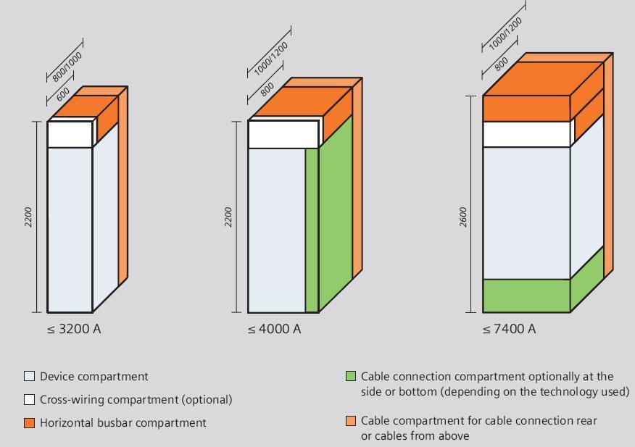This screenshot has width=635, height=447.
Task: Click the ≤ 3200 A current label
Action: pos(74,329)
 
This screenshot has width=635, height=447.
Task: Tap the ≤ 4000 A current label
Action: pos(275,329)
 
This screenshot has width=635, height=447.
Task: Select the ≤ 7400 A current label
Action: pos(509,329)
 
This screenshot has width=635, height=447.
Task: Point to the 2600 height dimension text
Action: pos(463,217)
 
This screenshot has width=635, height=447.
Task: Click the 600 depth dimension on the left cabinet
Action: pos(63,94)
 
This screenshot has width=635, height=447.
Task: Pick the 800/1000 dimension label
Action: pos(67,67)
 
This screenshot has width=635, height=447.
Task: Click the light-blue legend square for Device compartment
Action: pos(29,376)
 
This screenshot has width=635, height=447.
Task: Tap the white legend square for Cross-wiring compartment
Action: pos(29,400)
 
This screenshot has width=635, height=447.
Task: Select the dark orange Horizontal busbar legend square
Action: pos(29,422)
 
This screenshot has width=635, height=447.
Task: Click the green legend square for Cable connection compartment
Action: pos(351,376)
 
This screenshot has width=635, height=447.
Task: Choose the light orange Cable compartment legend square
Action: pos(351,421)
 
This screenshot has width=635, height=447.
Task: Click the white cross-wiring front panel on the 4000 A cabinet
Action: pos(283,134)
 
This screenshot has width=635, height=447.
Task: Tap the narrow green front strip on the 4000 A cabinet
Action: pos(312,230)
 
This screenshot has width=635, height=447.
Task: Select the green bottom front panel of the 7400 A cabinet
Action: pos(526,296)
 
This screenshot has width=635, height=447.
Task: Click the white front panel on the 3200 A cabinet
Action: pos(70,134)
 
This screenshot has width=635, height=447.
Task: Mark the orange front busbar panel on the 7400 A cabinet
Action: pos(526,109)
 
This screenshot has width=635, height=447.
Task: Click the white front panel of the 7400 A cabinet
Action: pos(526,134)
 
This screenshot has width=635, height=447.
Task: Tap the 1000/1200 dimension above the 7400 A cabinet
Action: pos(505,34)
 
